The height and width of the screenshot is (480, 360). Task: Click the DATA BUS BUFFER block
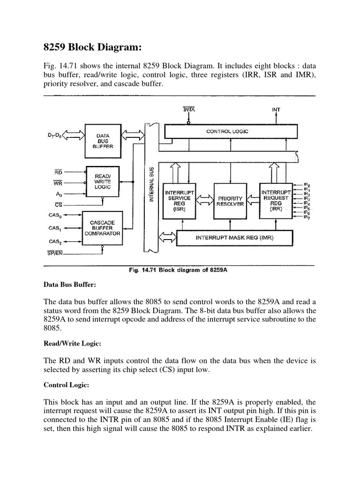pyautogui.click(x=103, y=141)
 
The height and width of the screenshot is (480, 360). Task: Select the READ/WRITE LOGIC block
pyautogui.click(x=103, y=180)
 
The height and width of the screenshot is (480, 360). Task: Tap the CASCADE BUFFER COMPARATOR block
pyautogui.click(x=103, y=228)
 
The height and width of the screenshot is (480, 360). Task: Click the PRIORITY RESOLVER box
pyautogui.click(x=230, y=201)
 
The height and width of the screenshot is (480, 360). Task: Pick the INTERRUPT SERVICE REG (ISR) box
pyautogui.click(x=179, y=201)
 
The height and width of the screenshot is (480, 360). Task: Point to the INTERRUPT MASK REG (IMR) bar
pyautogui.click(x=234, y=238)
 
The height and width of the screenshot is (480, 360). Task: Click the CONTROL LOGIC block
pyautogui.click(x=227, y=132)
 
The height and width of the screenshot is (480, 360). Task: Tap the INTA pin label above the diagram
pyautogui.click(x=189, y=110)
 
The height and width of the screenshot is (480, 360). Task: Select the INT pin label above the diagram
pyautogui.click(x=276, y=110)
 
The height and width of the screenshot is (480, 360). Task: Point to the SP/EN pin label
pyautogui.click(x=56, y=254)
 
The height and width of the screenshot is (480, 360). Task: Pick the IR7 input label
pyautogui.click(x=307, y=217)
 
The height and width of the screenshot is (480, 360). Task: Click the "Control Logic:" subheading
pyautogui.click(x=64, y=385)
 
